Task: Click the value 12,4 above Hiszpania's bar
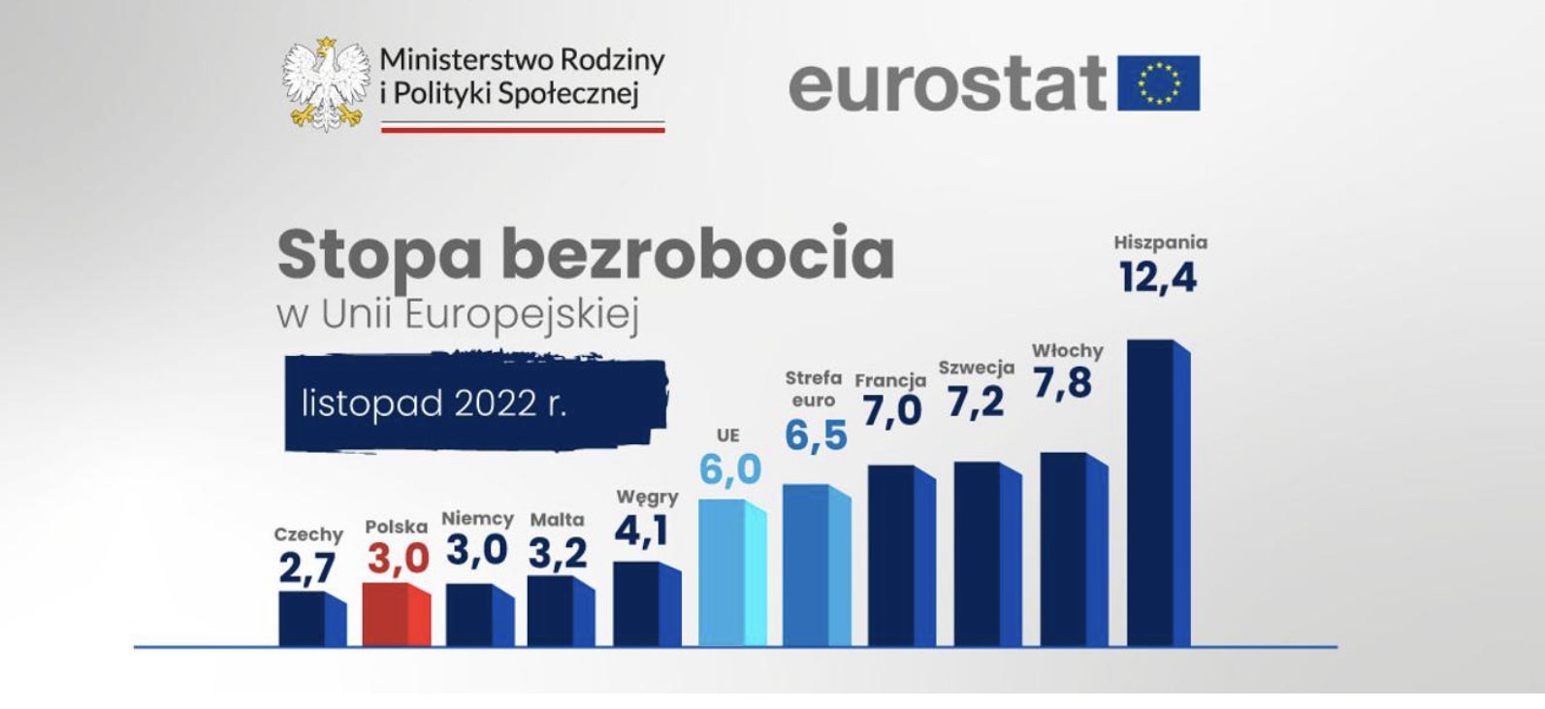(1157, 278)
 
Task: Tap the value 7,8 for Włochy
(1062, 384)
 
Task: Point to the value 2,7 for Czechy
(307, 569)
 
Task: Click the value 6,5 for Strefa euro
(816, 436)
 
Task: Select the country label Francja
(890, 380)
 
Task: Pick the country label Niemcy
(477, 519)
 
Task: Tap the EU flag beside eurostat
(1159, 83)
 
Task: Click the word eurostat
(947, 83)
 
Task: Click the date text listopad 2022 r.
(434, 403)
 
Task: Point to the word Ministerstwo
(450, 60)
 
